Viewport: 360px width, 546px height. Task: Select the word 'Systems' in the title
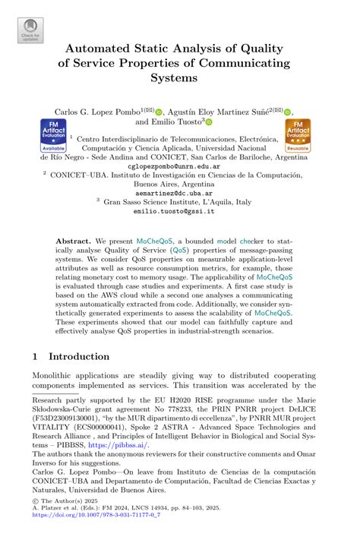179,77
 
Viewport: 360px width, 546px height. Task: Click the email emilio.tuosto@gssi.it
178,213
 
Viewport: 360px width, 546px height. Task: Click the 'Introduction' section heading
79,356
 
